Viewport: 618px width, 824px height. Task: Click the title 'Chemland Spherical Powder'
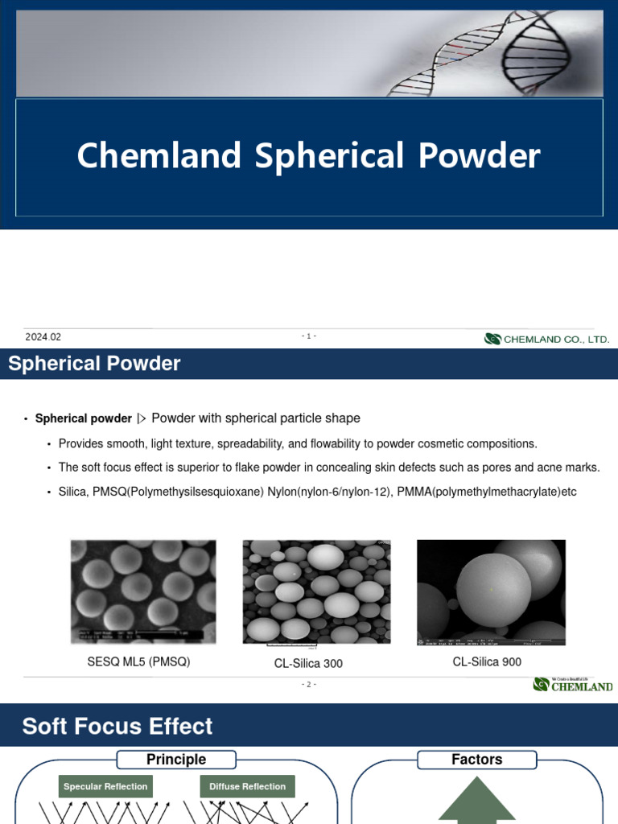tap(308, 156)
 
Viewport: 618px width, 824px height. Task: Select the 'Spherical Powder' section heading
tap(94, 364)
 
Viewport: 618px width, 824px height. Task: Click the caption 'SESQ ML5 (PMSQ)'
tap(138, 662)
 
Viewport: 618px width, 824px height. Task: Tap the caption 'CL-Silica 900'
tap(487, 661)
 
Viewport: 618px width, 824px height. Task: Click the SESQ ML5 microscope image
tap(143, 591)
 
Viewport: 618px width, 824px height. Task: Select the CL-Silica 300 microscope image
tap(316, 591)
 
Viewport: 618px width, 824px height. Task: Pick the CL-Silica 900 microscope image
tap(491, 591)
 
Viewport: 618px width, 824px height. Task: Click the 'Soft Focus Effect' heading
tap(117, 726)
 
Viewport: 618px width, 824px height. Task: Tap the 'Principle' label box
tap(176, 760)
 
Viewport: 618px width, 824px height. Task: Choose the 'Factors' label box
tap(477, 760)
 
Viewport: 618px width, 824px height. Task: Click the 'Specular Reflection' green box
tap(105, 786)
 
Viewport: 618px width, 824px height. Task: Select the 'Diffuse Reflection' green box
tap(247, 786)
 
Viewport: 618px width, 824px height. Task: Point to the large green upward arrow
tap(477, 801)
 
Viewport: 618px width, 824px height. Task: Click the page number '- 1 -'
tap(309, 336)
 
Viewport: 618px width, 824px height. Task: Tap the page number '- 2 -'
tap(309, 684)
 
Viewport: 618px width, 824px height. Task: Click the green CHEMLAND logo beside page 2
tap(572, 685)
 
